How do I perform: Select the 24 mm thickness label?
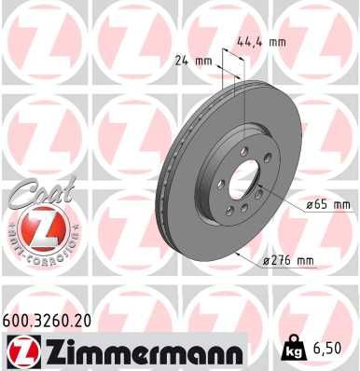[195, 62]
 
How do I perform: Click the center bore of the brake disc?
[245, 180]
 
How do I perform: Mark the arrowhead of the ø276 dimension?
[239, 253]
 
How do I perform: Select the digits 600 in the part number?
[18, 319]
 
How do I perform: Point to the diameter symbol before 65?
[310, 203]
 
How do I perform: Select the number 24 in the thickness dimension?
[184, 62]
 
